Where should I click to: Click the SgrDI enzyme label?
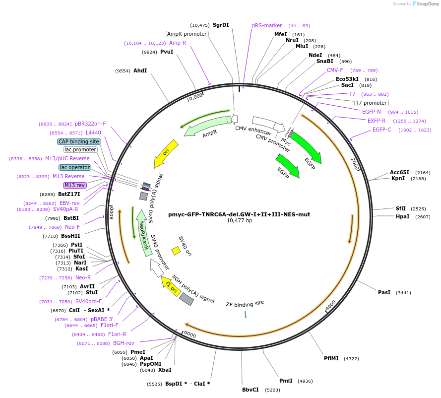(x=221, y=25)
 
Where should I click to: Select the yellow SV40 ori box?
(x=176, y=251)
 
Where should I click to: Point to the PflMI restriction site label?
(x=330, y=358)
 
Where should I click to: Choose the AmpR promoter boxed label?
(x=187, y=34)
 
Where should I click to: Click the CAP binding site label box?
(x=79, y=141)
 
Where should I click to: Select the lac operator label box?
(x=75, y=167)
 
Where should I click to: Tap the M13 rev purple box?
(x=75, y=185)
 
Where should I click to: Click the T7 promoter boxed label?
(x=371, y=103)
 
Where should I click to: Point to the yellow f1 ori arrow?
(x=171, y=286)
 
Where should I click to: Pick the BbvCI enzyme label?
(x=251, y=390)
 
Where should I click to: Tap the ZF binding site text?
(x=245, y=303)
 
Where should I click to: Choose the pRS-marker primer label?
(x=267, y=25)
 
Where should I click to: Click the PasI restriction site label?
(x=384, y=293)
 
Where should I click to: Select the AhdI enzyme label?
(x=140, y=71)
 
